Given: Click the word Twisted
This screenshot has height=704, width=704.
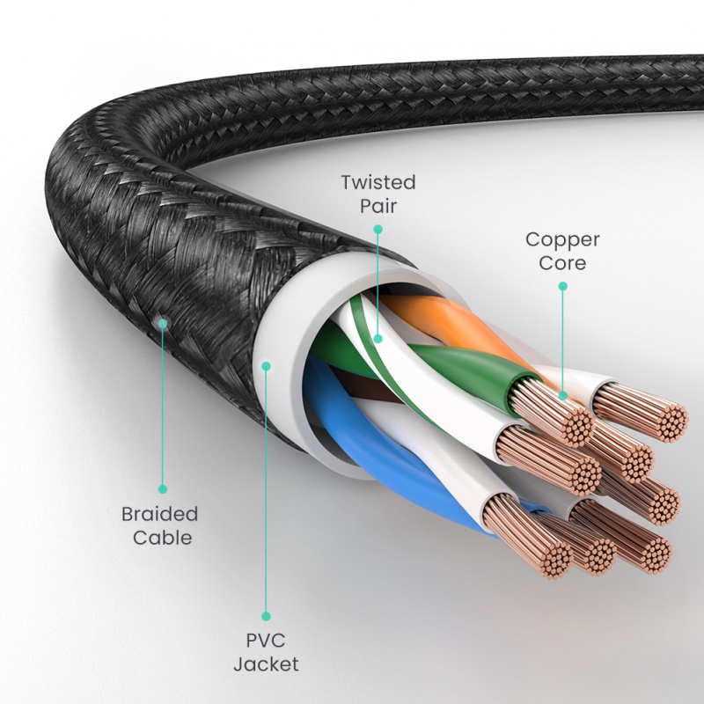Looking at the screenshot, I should pos(378,183).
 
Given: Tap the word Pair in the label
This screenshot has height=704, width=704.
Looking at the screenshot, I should pos(378,206).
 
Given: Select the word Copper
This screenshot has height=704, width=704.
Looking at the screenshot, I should pos(562,239).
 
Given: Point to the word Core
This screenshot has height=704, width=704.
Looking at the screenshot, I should pos(562,262).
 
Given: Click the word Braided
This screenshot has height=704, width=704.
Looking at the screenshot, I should pos(159,513).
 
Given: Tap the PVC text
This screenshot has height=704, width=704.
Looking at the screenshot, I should pos(266,641).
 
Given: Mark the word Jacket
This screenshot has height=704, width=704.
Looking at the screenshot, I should pos(266,664).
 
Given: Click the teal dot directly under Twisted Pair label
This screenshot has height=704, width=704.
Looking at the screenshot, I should pos(378,229).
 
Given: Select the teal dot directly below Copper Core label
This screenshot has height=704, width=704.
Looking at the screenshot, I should pos(562,285).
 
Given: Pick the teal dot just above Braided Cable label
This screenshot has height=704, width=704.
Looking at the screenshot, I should pos(162,488).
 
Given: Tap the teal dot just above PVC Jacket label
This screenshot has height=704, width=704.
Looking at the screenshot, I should pos(266,616).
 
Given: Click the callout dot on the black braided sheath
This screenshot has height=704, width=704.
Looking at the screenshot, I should pos(162,324).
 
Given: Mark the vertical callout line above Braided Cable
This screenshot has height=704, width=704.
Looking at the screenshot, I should pos(162,405).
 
